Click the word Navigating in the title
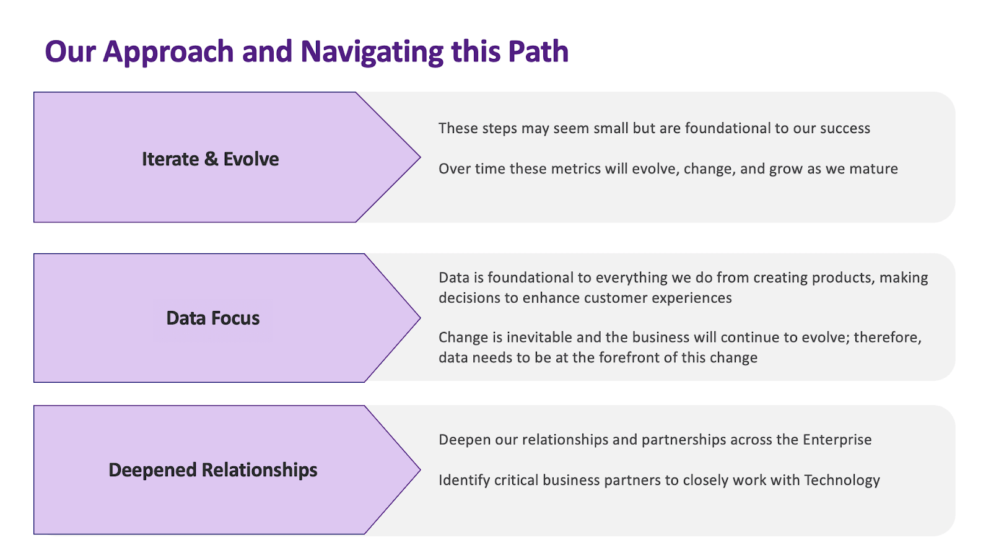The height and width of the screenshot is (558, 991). [371, 52]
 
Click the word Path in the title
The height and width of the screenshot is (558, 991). [538, 52]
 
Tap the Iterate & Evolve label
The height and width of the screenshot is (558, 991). [210, 159]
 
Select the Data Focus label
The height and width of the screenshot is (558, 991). [212, 318]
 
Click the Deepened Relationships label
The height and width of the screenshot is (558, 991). [212, 470]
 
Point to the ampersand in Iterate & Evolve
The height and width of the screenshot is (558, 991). [211, 159]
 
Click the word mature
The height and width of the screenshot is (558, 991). [873, 169]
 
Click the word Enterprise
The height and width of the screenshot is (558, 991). [837, 440]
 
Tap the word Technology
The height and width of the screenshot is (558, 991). [842, 481]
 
